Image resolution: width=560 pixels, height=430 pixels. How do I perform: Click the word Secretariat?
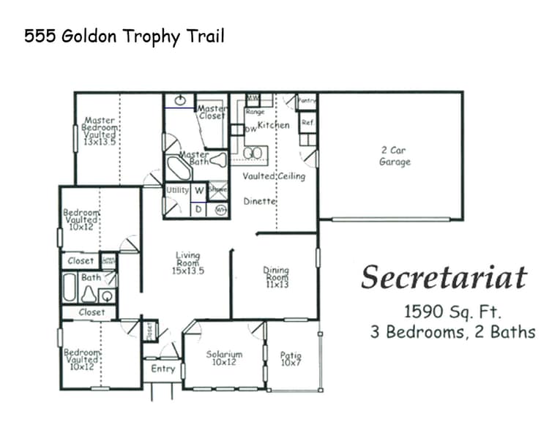[x=444, y=278]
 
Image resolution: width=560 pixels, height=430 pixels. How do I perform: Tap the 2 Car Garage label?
[x=395, y=156]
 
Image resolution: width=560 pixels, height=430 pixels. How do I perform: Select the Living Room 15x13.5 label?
[x=188, y=263]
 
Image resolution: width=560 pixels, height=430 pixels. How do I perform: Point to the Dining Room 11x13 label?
[x=276, y=276]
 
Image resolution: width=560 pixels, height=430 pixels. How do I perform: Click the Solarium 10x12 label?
[x=224, y=358]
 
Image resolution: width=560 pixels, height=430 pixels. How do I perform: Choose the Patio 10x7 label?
[x=291, y=359]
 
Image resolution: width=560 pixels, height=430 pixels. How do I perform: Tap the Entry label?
[x=163, y=369]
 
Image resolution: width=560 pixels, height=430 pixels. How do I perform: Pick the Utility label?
[x=178, y=189]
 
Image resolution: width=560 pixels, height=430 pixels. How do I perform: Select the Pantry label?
[x=307, y=100]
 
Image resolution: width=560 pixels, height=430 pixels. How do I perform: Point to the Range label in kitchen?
[x=255, y=112]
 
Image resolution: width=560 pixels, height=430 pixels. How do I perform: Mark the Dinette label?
[x=259, y=200]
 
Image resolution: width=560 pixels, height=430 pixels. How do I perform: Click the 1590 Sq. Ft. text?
[x=452, y=312]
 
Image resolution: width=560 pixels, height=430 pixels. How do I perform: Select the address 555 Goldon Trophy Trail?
[x=124, y=36]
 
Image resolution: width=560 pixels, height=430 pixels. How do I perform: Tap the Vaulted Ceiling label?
[x=274, y=176]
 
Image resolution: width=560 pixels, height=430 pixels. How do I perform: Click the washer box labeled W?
[x=198, y=190]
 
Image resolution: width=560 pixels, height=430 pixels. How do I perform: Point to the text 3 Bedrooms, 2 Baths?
[x=452, y=332]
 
